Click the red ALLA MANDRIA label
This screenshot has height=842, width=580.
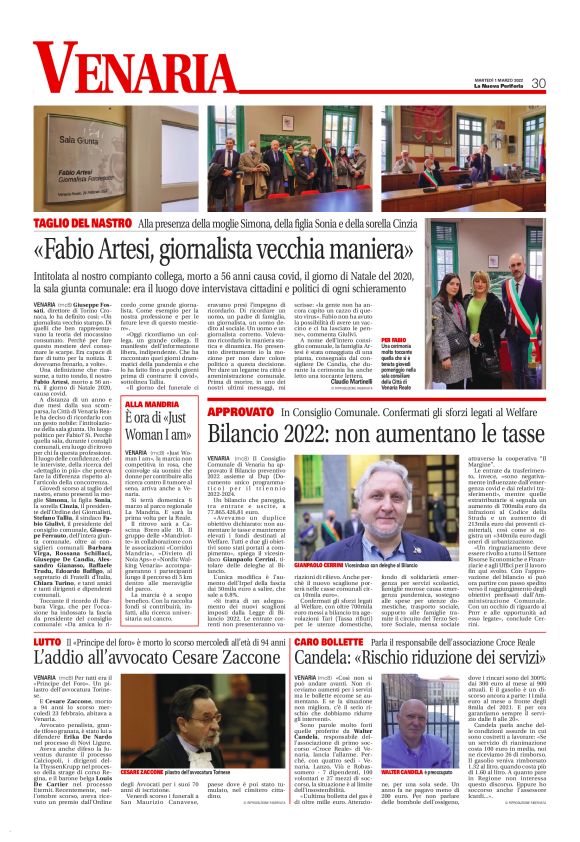pos(149,404)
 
